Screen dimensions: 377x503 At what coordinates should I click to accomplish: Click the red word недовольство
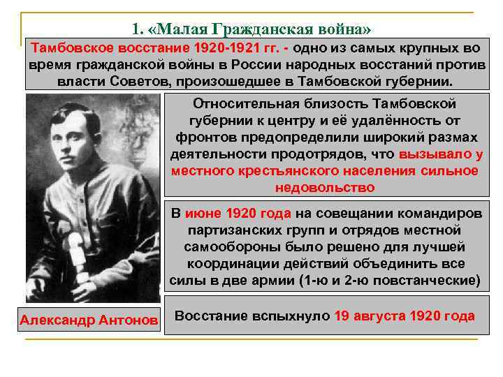(325, 187)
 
